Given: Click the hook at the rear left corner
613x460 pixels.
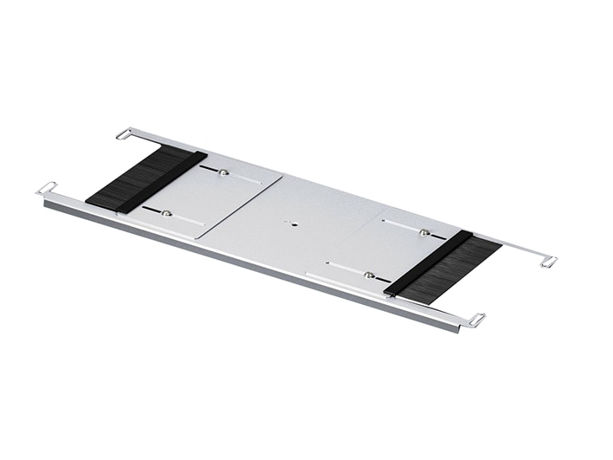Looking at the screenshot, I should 123,134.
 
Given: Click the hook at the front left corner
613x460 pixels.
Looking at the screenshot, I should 46,188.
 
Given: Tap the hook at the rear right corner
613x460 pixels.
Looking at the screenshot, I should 547,260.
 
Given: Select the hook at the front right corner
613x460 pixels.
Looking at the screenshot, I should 475,321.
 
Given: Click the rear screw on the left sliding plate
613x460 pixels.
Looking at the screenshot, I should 223,172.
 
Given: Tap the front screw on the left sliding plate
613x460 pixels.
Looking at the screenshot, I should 166,213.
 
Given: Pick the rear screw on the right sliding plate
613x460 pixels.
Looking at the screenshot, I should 424,232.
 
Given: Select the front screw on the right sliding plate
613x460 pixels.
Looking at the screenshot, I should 370,275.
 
